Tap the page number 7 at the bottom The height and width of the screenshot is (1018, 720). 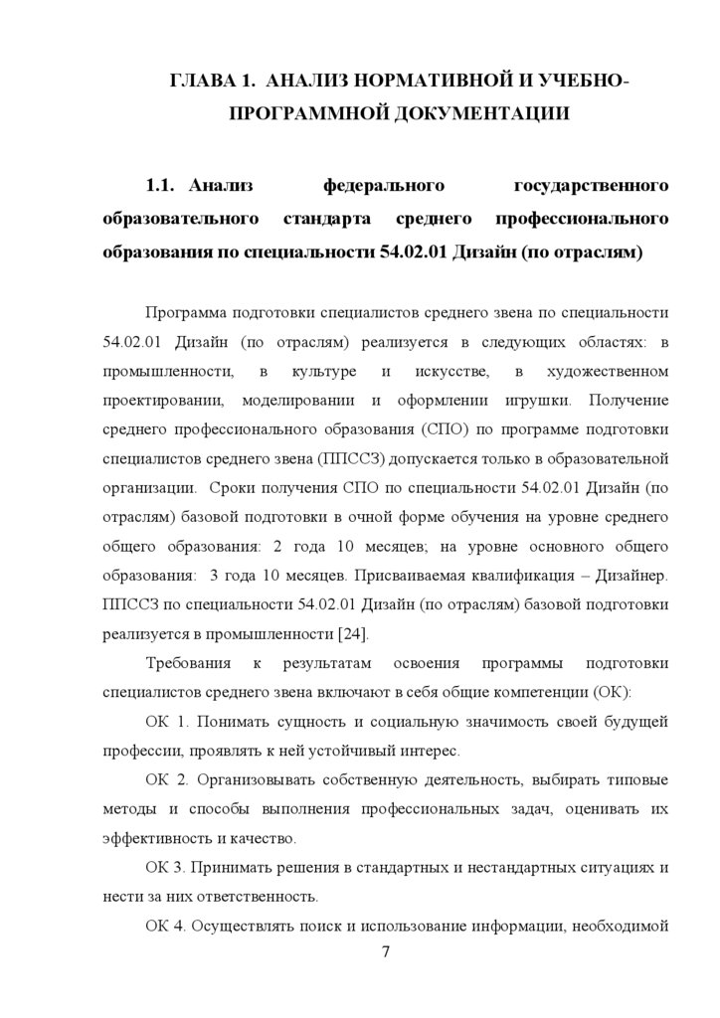tap(385, 952)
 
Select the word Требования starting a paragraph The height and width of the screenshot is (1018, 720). tap(188, 663)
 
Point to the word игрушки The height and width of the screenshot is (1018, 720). tap(537, 402)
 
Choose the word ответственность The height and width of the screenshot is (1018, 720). tap(251, 895)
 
